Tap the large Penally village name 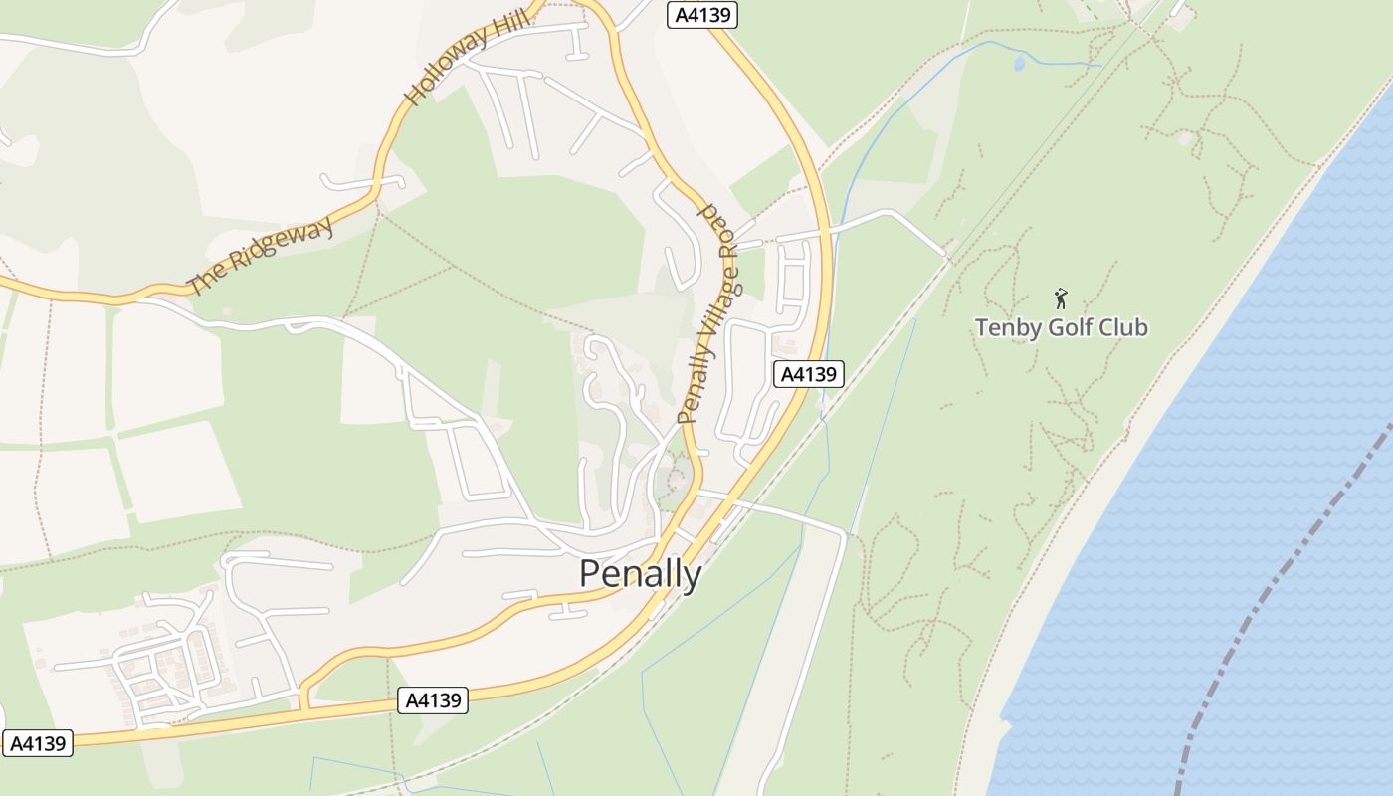(640, 575)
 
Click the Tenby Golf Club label (1061, 327)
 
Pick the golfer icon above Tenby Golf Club (1061, 298)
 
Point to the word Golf (1069, 327)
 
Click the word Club (1122, 327)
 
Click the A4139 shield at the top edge (701, 15)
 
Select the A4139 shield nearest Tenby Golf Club (809, 374)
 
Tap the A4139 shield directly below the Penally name (433, 700)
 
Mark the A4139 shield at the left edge (39, 743)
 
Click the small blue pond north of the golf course (1018, 63)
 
